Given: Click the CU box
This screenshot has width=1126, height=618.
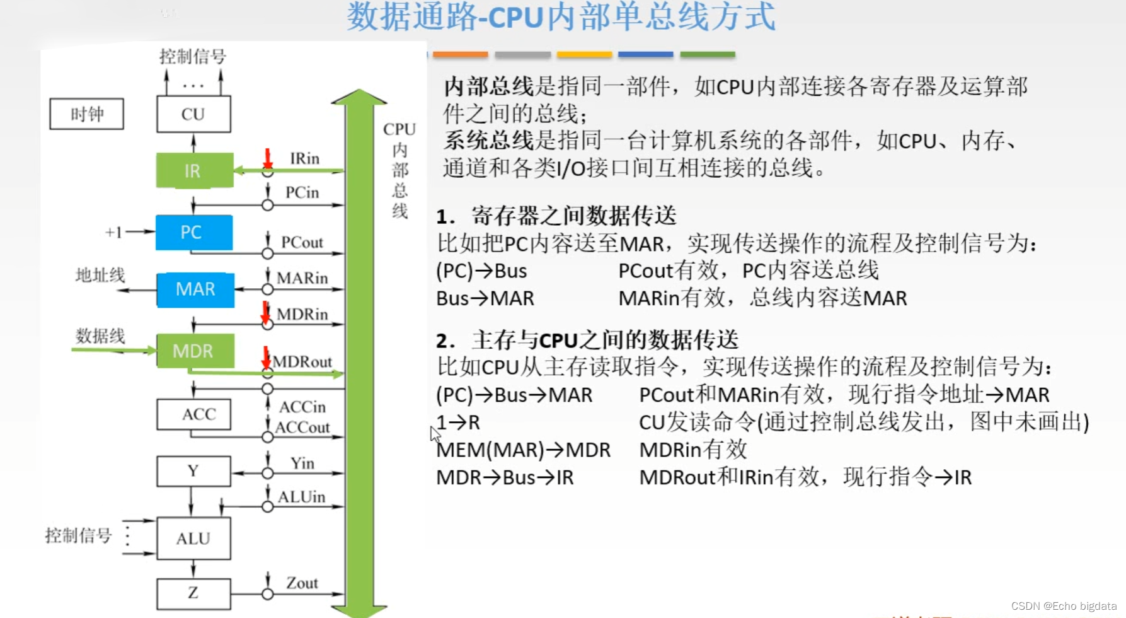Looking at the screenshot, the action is coord(193,114).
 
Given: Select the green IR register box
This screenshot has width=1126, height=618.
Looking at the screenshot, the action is coord(194,170).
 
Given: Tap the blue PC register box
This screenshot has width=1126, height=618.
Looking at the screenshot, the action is coord(193,232).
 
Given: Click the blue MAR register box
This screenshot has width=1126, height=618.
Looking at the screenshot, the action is coord(195,289).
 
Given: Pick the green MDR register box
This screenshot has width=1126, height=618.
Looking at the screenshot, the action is coord(194,351).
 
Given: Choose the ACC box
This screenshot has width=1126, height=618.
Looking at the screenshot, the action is coord(193,414).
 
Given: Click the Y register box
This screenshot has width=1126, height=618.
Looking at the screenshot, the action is coord(193,471).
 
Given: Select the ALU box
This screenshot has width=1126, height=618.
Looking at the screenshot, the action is coord(193,539).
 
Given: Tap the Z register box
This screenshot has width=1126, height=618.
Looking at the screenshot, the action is coord(193,593).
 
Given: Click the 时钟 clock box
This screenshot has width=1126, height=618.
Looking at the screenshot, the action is coord(87,114).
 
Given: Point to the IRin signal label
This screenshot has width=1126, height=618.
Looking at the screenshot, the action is coord(304,158).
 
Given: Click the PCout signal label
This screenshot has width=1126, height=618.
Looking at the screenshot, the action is coord(302,242).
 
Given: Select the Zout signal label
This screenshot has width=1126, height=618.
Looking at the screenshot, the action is coord(302,583).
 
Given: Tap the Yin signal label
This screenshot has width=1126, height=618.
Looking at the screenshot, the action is coord(302,463).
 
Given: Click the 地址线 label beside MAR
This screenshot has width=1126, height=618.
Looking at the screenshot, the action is coord(100,275).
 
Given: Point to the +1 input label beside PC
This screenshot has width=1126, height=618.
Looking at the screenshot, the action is coord(113,232).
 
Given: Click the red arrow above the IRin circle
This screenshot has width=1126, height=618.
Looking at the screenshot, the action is coord(268,158).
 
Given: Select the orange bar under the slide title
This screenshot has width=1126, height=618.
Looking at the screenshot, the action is coord(460,55).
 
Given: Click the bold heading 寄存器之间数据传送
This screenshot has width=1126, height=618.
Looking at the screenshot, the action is coord(573,216).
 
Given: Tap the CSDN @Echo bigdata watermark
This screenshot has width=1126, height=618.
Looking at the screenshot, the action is coord(1064,606).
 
